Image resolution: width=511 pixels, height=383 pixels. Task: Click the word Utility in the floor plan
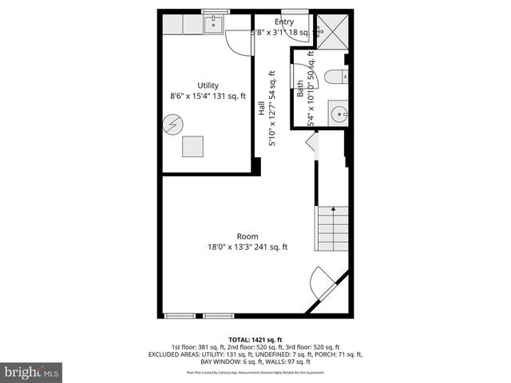[x=208, y=85]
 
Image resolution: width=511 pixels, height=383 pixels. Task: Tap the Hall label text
[x=261, y=109]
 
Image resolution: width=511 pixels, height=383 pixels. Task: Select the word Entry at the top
[x=283, y=22]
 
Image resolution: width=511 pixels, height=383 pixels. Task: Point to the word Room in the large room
[x=247, y=236]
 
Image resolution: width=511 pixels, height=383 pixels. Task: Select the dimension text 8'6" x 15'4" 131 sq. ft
[x=208, y=96]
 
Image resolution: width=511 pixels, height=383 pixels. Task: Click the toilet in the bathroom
[x=336, y=77]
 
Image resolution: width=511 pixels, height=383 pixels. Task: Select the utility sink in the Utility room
[x=214, y=26]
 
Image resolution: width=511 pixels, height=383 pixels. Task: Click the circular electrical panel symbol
[x=173, y=124]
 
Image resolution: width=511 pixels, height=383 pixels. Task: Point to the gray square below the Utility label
[x=192, y=146]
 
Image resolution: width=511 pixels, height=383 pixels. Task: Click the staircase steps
[x=333, y=228]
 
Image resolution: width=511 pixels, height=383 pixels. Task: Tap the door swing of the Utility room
[x=239, y=41]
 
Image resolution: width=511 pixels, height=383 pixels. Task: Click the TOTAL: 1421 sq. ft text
[x=255, y=340]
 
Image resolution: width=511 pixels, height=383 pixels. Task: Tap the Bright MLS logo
[x=32, y=372]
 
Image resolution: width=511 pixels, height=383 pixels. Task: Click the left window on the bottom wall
[x=180, y=316]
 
